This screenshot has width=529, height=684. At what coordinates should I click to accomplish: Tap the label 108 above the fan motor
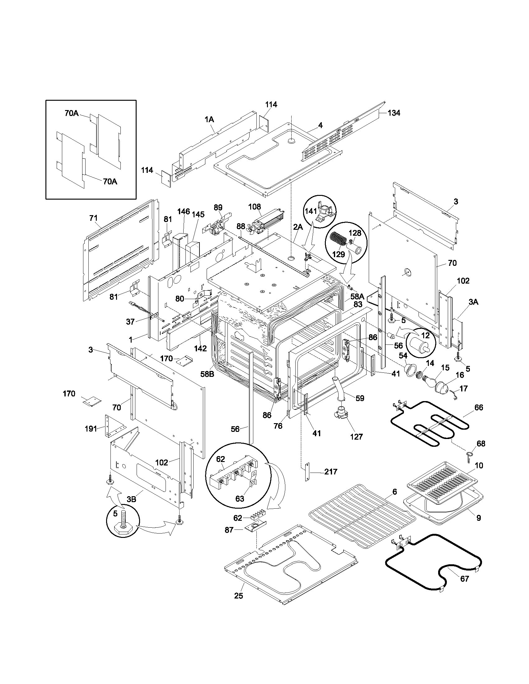(254, 207)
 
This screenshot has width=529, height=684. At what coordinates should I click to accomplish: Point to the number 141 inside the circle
(311, 211)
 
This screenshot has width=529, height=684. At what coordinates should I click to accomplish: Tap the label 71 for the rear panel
(93, 218)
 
